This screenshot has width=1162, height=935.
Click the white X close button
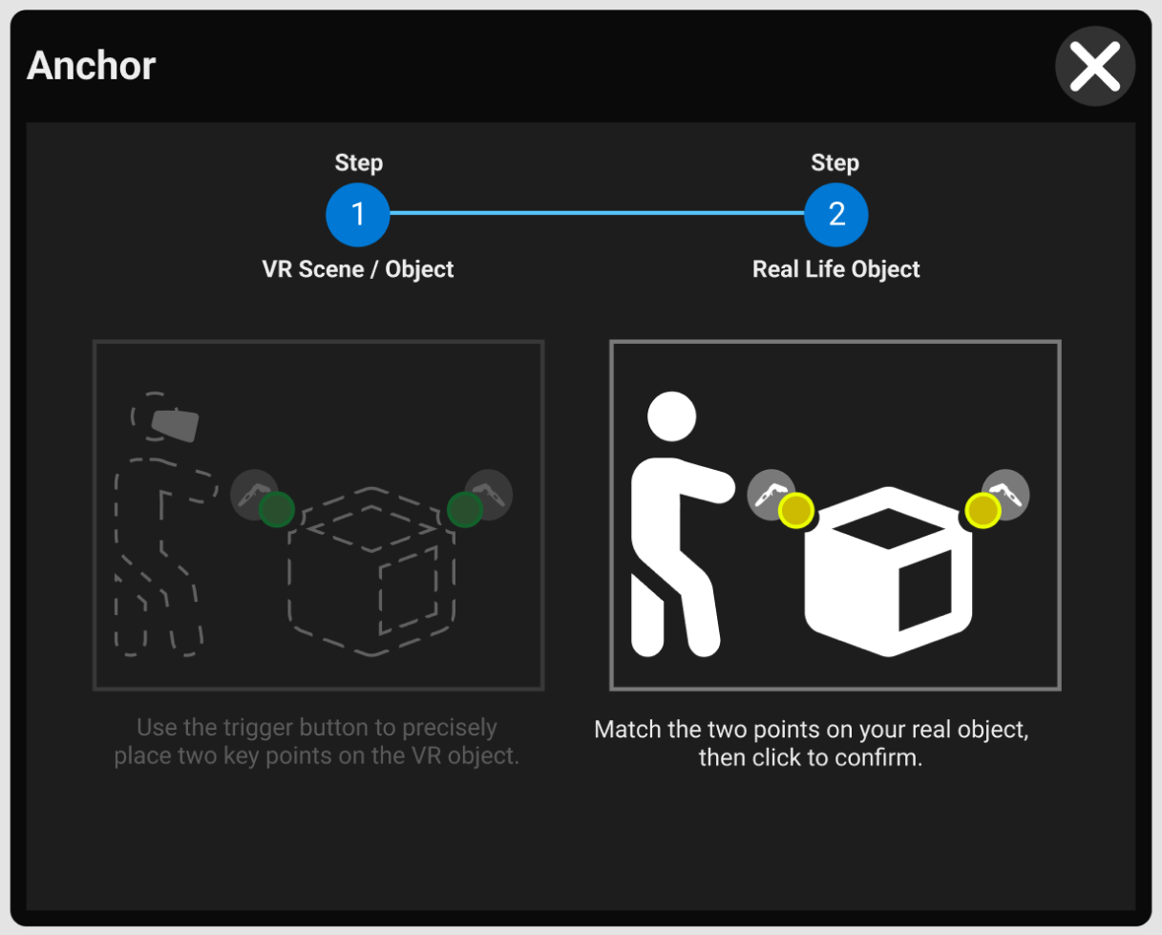pos(1094,67)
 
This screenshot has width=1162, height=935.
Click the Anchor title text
pos(92,66)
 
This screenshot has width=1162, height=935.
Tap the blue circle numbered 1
pos(358,214)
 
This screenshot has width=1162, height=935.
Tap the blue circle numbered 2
pos(836,214)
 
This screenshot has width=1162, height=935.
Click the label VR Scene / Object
pos(358,269)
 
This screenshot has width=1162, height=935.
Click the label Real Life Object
pos(836,269)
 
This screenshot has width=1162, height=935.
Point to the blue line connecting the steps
pos(597,213)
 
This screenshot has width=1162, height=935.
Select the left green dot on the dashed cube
pos(276,509)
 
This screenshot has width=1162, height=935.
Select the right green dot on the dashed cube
pos(465,509)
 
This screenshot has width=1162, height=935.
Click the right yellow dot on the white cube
pos(982,511)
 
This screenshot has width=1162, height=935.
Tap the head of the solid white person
pos(671,417)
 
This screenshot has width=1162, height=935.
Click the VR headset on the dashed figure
pos(176,425)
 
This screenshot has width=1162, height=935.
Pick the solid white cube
pos(888,573)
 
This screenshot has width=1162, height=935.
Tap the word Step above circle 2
pos(835,163)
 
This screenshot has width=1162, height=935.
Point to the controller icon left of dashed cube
pos(251,493)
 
